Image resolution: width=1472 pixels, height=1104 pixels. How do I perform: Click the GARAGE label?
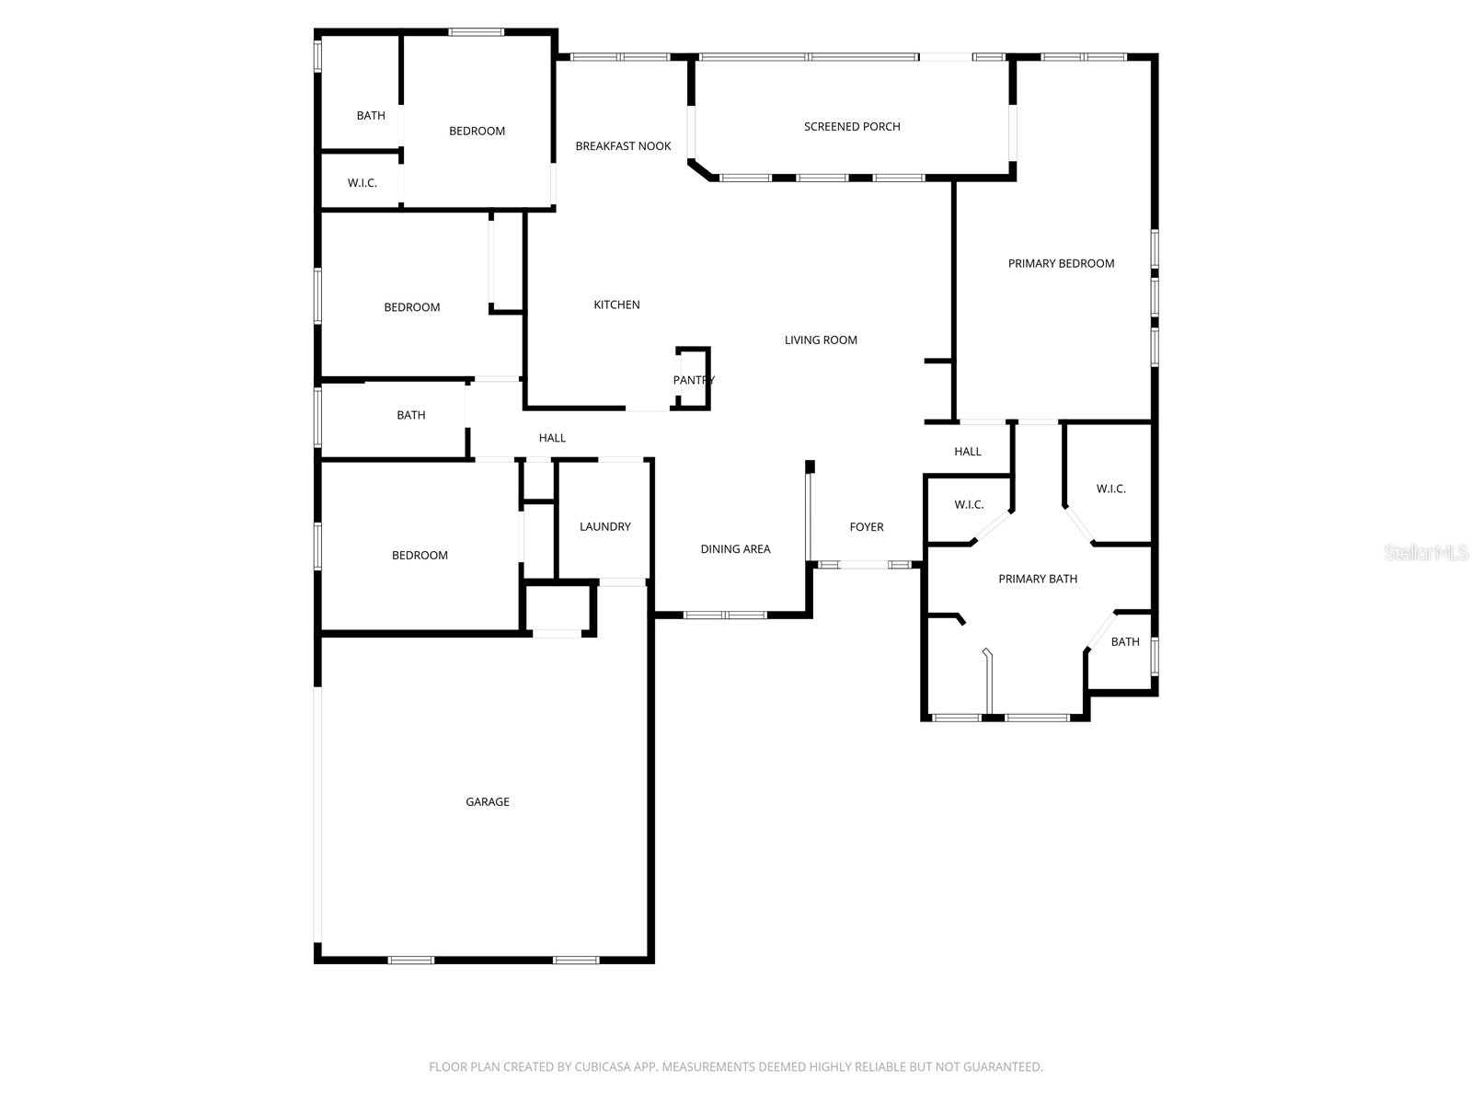tap(487, 802)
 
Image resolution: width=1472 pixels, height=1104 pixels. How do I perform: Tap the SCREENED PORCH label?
tap(852, 127)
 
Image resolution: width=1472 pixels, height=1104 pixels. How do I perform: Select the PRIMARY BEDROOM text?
tap(1061, 264)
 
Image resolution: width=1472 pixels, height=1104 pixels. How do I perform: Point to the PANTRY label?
tap(693, 381)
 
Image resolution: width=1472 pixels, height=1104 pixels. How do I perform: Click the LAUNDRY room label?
tap(604, 527)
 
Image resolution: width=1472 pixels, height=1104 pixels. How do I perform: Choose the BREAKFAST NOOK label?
tap(623, 146)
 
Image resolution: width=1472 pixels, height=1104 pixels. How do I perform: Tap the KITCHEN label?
tap(616, 305)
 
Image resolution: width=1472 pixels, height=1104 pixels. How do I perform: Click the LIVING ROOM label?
tap(821, 340)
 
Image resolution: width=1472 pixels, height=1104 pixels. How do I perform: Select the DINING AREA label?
tap(735, 549)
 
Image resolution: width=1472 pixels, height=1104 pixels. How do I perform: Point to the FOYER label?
tap(866, 527)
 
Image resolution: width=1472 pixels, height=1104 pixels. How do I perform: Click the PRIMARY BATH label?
tap(1038, 579)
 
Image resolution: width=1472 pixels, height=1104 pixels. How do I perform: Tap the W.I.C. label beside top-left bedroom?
tap(362, 183)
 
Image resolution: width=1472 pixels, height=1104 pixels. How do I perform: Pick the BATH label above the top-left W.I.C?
tap(371, 116)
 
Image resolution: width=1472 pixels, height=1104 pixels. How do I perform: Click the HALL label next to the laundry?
tap(552, 438)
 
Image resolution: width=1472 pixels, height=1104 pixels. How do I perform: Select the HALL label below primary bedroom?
tap(968, 452)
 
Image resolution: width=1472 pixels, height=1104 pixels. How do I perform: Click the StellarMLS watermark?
tap(1426, 553)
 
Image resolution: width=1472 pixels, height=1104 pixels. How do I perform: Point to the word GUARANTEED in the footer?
tap(999, 1067)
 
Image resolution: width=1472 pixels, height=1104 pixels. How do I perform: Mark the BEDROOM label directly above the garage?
tap(420, 556)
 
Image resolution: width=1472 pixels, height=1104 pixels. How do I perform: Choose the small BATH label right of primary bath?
tap(1124, 642)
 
